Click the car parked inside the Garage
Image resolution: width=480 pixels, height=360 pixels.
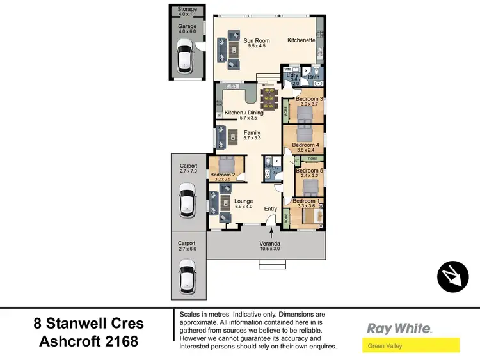coord(186,55)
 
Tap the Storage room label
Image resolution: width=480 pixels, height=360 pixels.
coord(188,10)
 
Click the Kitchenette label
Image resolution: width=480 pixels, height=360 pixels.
coord(301,40)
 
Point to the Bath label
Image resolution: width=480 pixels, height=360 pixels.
coord(314,77)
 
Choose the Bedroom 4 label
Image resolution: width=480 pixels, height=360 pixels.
coord(305,145)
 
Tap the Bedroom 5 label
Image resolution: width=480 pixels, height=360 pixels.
coord(309,171)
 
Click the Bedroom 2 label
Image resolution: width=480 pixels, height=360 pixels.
coord(223,175)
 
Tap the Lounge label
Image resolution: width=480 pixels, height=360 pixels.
coord(243,201)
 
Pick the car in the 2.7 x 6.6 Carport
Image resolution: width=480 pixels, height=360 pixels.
coord(187,275)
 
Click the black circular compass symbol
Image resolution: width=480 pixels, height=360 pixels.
coord(453,276)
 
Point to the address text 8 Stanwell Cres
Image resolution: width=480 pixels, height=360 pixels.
coord(88,324)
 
